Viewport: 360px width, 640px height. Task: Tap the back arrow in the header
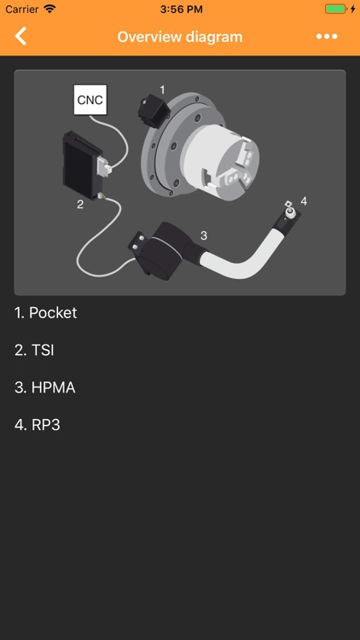(x=21, y=36)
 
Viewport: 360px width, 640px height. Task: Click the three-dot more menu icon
(x=327, y=37)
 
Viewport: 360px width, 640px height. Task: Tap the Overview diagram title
(x=180, y=37)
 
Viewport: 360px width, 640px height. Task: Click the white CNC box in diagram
(x=90, y=100)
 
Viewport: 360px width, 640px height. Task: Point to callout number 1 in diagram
(x=162, y=89)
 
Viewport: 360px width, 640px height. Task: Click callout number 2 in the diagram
(x=80, y=204)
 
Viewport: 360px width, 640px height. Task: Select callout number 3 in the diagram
(x=203, y=235)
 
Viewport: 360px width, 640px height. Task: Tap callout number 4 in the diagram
(x=304, y=201)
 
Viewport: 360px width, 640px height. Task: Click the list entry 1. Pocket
(x=46, y=312)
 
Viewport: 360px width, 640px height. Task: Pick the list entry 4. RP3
(x=38, y=425)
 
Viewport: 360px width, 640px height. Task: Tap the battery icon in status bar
(x=335, y=9)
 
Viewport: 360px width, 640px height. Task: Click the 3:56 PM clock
(x=180, y=9)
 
